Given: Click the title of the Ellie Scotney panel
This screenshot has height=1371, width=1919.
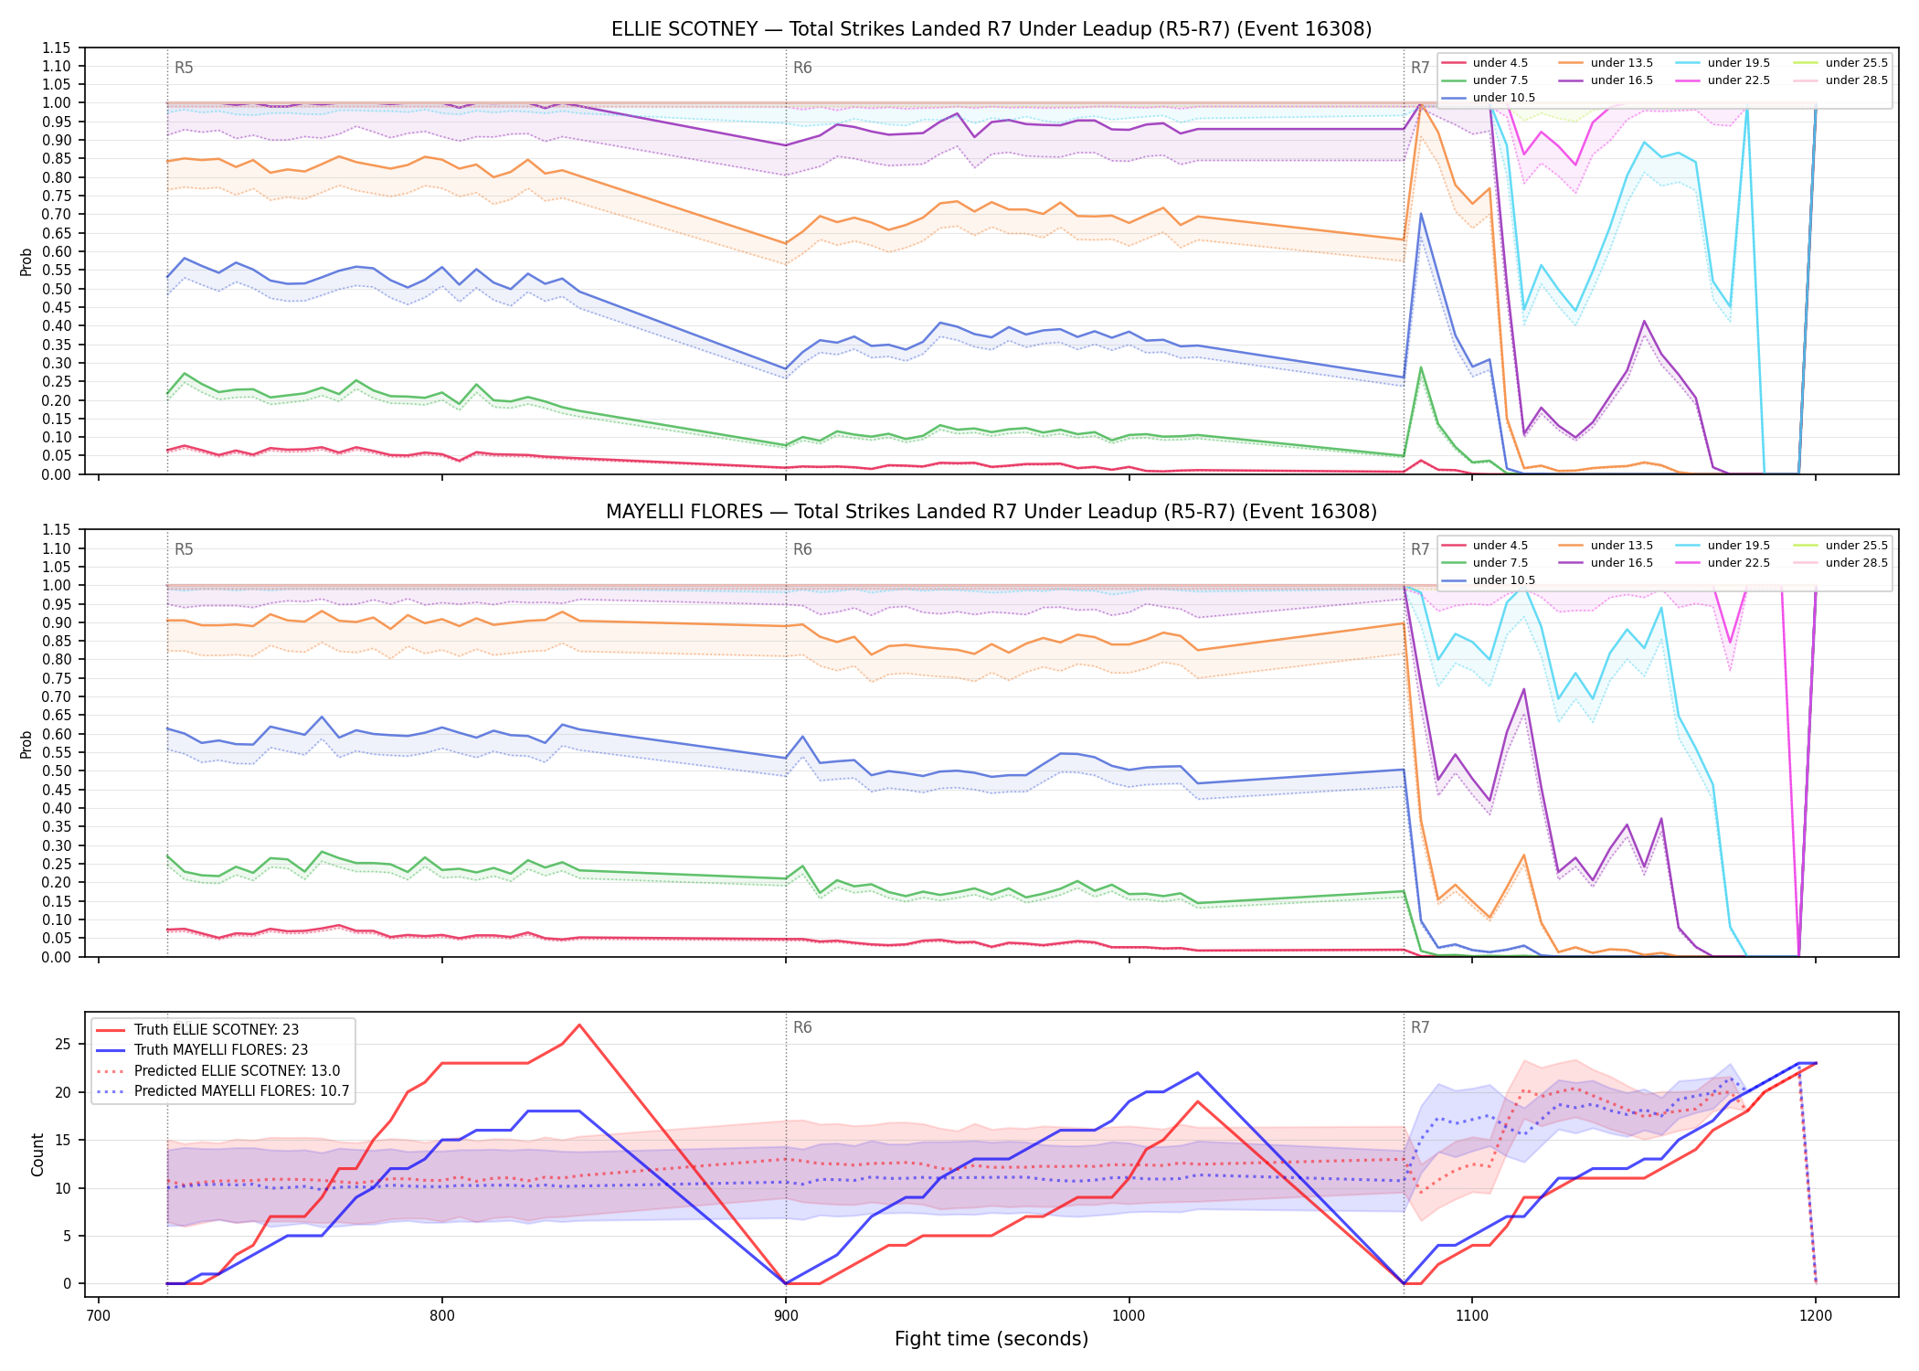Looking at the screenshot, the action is [991, 29].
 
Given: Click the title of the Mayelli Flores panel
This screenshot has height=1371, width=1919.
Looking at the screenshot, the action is [991, 512].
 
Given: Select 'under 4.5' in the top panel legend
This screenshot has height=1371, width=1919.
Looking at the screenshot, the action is [1500, 63].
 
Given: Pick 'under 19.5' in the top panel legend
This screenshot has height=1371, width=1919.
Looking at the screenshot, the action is [1739, 63].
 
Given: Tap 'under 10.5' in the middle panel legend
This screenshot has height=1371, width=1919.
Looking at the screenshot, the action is [1504, 580].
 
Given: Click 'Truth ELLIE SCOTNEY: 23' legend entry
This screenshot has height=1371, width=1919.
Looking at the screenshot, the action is [217, 1030].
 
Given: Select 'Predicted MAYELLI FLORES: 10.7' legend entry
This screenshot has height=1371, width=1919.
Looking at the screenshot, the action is [242, 1091].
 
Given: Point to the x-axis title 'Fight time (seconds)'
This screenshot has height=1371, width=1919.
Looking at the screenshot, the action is [991, 1339].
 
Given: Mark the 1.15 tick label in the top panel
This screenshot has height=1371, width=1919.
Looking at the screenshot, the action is [57, 48].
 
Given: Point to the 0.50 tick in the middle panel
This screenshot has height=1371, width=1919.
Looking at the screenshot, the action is [57, 771].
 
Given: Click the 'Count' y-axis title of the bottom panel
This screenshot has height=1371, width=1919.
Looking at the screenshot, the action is [37, 1154].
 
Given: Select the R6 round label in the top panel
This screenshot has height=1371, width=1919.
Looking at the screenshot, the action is [802, 68].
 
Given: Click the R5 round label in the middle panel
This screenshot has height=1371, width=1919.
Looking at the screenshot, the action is [184, 549].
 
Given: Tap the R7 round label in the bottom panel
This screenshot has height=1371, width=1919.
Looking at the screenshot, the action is [1420, 1027].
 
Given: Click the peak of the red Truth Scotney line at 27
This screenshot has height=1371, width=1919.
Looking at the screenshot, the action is [579, 1025].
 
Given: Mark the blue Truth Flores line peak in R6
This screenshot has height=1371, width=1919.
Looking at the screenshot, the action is [1197, 1073].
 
